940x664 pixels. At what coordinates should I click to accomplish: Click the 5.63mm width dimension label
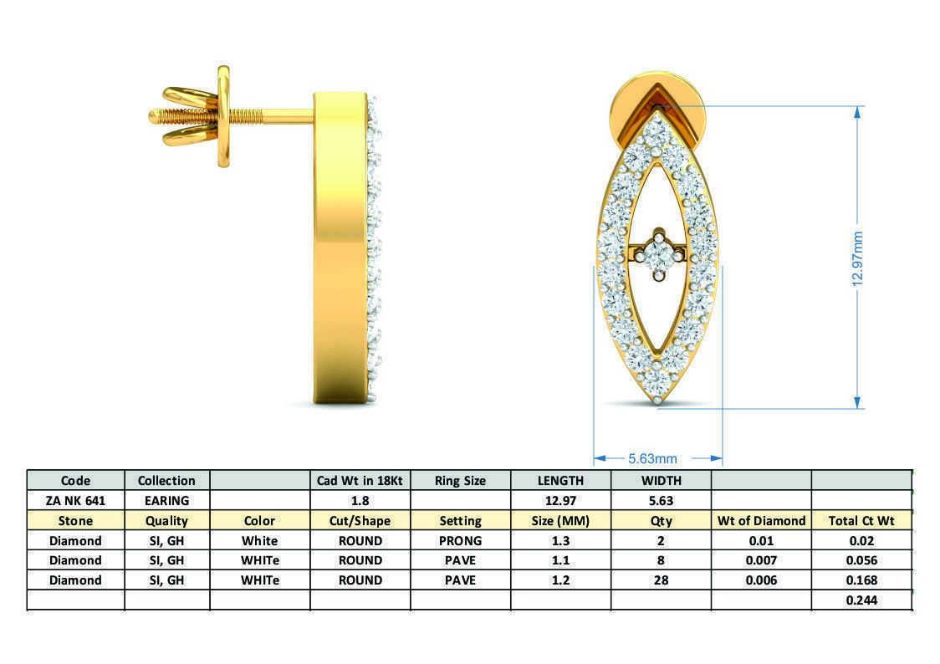652,458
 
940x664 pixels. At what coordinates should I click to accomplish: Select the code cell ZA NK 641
75,500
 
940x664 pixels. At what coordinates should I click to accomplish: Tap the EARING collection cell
166,500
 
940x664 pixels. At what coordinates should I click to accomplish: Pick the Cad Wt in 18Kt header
360,480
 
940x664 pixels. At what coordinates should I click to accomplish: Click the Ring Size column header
460,480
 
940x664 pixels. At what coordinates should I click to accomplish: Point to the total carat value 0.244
861,600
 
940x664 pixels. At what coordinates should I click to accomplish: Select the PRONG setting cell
460,540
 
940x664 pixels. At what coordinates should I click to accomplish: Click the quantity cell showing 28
661,580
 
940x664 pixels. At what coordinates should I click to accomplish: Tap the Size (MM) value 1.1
560,560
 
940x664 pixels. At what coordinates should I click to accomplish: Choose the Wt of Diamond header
761,520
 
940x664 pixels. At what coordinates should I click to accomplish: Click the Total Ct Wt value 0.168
861,580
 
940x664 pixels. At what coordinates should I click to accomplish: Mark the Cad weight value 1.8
360,500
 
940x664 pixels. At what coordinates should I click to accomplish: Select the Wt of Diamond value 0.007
761,560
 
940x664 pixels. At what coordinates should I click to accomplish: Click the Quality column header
166,520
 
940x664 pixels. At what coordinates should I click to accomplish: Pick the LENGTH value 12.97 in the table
560,500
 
